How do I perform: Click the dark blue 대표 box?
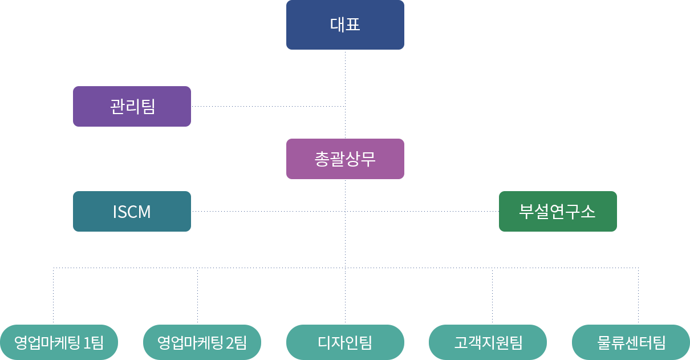pos(345,25)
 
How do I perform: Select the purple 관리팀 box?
pos(132,106)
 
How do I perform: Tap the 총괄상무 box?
pos(345,159)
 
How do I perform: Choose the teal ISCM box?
pos(132,211)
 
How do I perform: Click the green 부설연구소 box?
pos(558,211)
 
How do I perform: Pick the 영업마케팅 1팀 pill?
pos(59,342)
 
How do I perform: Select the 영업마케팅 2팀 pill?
pos(202,342)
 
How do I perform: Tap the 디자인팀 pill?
pos(345,342)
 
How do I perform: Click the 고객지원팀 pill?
pos(488,342)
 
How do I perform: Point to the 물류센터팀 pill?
pos(631,342)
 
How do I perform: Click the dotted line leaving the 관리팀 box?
pos(268,106)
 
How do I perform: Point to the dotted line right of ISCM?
pos(268,211)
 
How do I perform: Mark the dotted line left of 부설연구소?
pos(422,211)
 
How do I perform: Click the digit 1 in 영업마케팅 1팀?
pos(87,343)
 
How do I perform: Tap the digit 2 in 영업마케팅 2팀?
pos(230,343)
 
